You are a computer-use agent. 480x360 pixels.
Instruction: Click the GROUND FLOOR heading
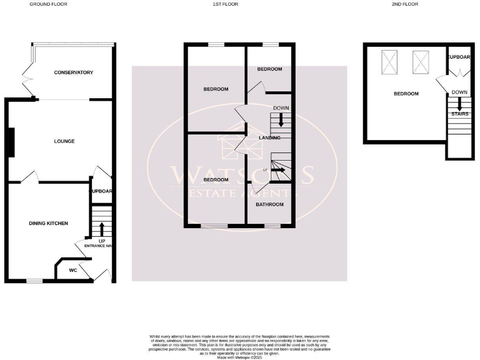(48, 4)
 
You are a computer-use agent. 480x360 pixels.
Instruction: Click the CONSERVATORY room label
(74, 72)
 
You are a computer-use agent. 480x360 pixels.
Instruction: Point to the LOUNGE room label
(64, 141)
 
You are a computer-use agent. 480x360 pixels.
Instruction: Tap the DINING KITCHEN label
(49, 223)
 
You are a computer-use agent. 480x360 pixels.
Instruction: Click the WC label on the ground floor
(72, 270)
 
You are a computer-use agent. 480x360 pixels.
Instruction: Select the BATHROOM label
(271, 204)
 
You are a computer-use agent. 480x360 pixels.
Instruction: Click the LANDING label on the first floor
(270, 137)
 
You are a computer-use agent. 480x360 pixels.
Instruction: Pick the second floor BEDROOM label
(406, 94)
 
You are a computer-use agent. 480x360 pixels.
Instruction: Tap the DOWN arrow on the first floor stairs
(281, 119)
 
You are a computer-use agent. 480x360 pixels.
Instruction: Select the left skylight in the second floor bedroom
(389, 61)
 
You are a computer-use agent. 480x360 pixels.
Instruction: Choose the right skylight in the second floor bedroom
(420, 61)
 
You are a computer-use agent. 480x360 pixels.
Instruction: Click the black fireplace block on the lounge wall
(11, 142)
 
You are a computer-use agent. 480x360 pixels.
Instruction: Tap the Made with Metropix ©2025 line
(239, 356)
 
